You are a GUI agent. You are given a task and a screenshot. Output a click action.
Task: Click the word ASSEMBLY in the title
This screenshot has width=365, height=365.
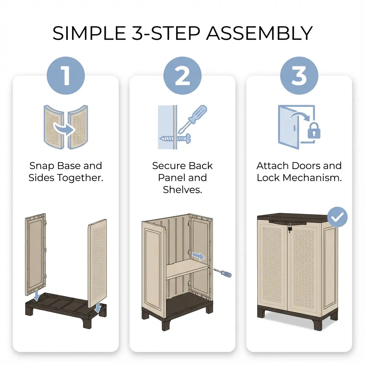259,33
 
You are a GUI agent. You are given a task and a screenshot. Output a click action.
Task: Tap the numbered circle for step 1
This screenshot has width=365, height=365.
66,76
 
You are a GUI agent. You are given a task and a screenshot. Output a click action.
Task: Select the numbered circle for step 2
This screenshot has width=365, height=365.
182,76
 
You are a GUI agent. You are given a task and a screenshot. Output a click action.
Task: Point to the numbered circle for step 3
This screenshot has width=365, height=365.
299,76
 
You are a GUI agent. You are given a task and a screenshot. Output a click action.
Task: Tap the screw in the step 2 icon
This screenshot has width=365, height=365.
175,139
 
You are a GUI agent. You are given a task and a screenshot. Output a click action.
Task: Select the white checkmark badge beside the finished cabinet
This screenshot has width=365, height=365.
337,217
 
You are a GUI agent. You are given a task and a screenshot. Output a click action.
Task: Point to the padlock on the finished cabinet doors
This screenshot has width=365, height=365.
290,228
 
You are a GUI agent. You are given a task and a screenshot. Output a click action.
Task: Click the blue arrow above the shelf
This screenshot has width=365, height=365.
199,256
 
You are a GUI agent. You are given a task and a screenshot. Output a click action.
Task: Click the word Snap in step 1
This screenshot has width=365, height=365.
42,166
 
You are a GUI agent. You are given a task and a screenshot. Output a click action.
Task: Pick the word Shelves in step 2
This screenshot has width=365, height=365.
182,190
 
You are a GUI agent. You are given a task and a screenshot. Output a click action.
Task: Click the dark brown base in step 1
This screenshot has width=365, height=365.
66,310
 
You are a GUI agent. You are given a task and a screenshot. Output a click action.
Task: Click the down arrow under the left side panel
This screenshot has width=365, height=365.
37,295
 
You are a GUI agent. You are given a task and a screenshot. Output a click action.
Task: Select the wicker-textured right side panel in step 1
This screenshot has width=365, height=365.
97,262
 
